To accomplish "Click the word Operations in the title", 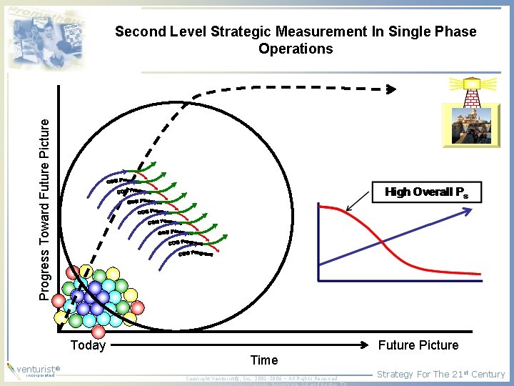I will (x=296, y=49).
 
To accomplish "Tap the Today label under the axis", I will (x=88, y=345).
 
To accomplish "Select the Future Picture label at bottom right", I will (x=418, y=345).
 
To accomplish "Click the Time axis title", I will (x=263, y=360).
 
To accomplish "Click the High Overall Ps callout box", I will (x=427, y=192).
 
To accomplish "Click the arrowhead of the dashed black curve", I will (x=390, y=89).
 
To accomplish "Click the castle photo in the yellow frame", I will (x=466, y=124).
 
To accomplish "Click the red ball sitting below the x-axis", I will (x=99, y=332).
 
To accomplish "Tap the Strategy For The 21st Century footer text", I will (x=440, y=374).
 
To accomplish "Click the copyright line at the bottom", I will (x=261, y=378).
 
